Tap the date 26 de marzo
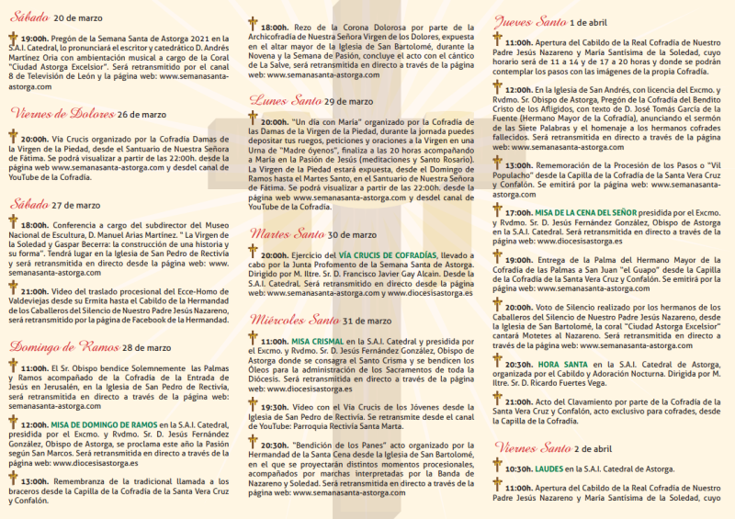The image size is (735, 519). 141,115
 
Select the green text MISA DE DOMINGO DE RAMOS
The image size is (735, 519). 104,425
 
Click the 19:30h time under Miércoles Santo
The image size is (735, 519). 275,407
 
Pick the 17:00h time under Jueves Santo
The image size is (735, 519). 518,212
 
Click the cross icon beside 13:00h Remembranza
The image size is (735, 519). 13,479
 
